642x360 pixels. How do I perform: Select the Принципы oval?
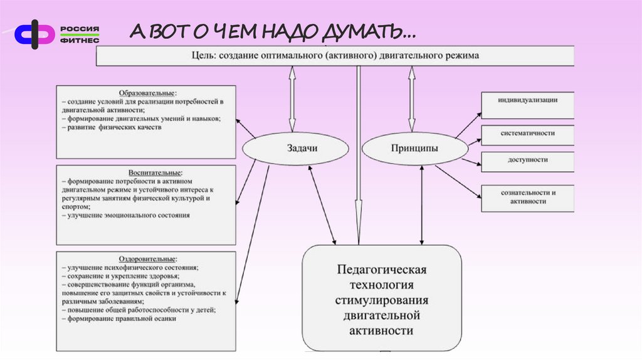[x=414, y=149]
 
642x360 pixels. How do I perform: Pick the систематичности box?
[x=527, y=133]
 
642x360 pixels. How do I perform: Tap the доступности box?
[x=527, y=160]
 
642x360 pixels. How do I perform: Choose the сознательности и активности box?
[x=527, y=197]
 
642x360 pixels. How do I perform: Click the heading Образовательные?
[x=145, y=92]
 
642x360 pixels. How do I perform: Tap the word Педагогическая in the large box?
[x=382, y=270]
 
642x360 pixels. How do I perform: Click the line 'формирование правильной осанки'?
[x=118, y=319]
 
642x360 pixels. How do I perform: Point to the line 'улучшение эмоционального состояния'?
[x=125, y=215]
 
